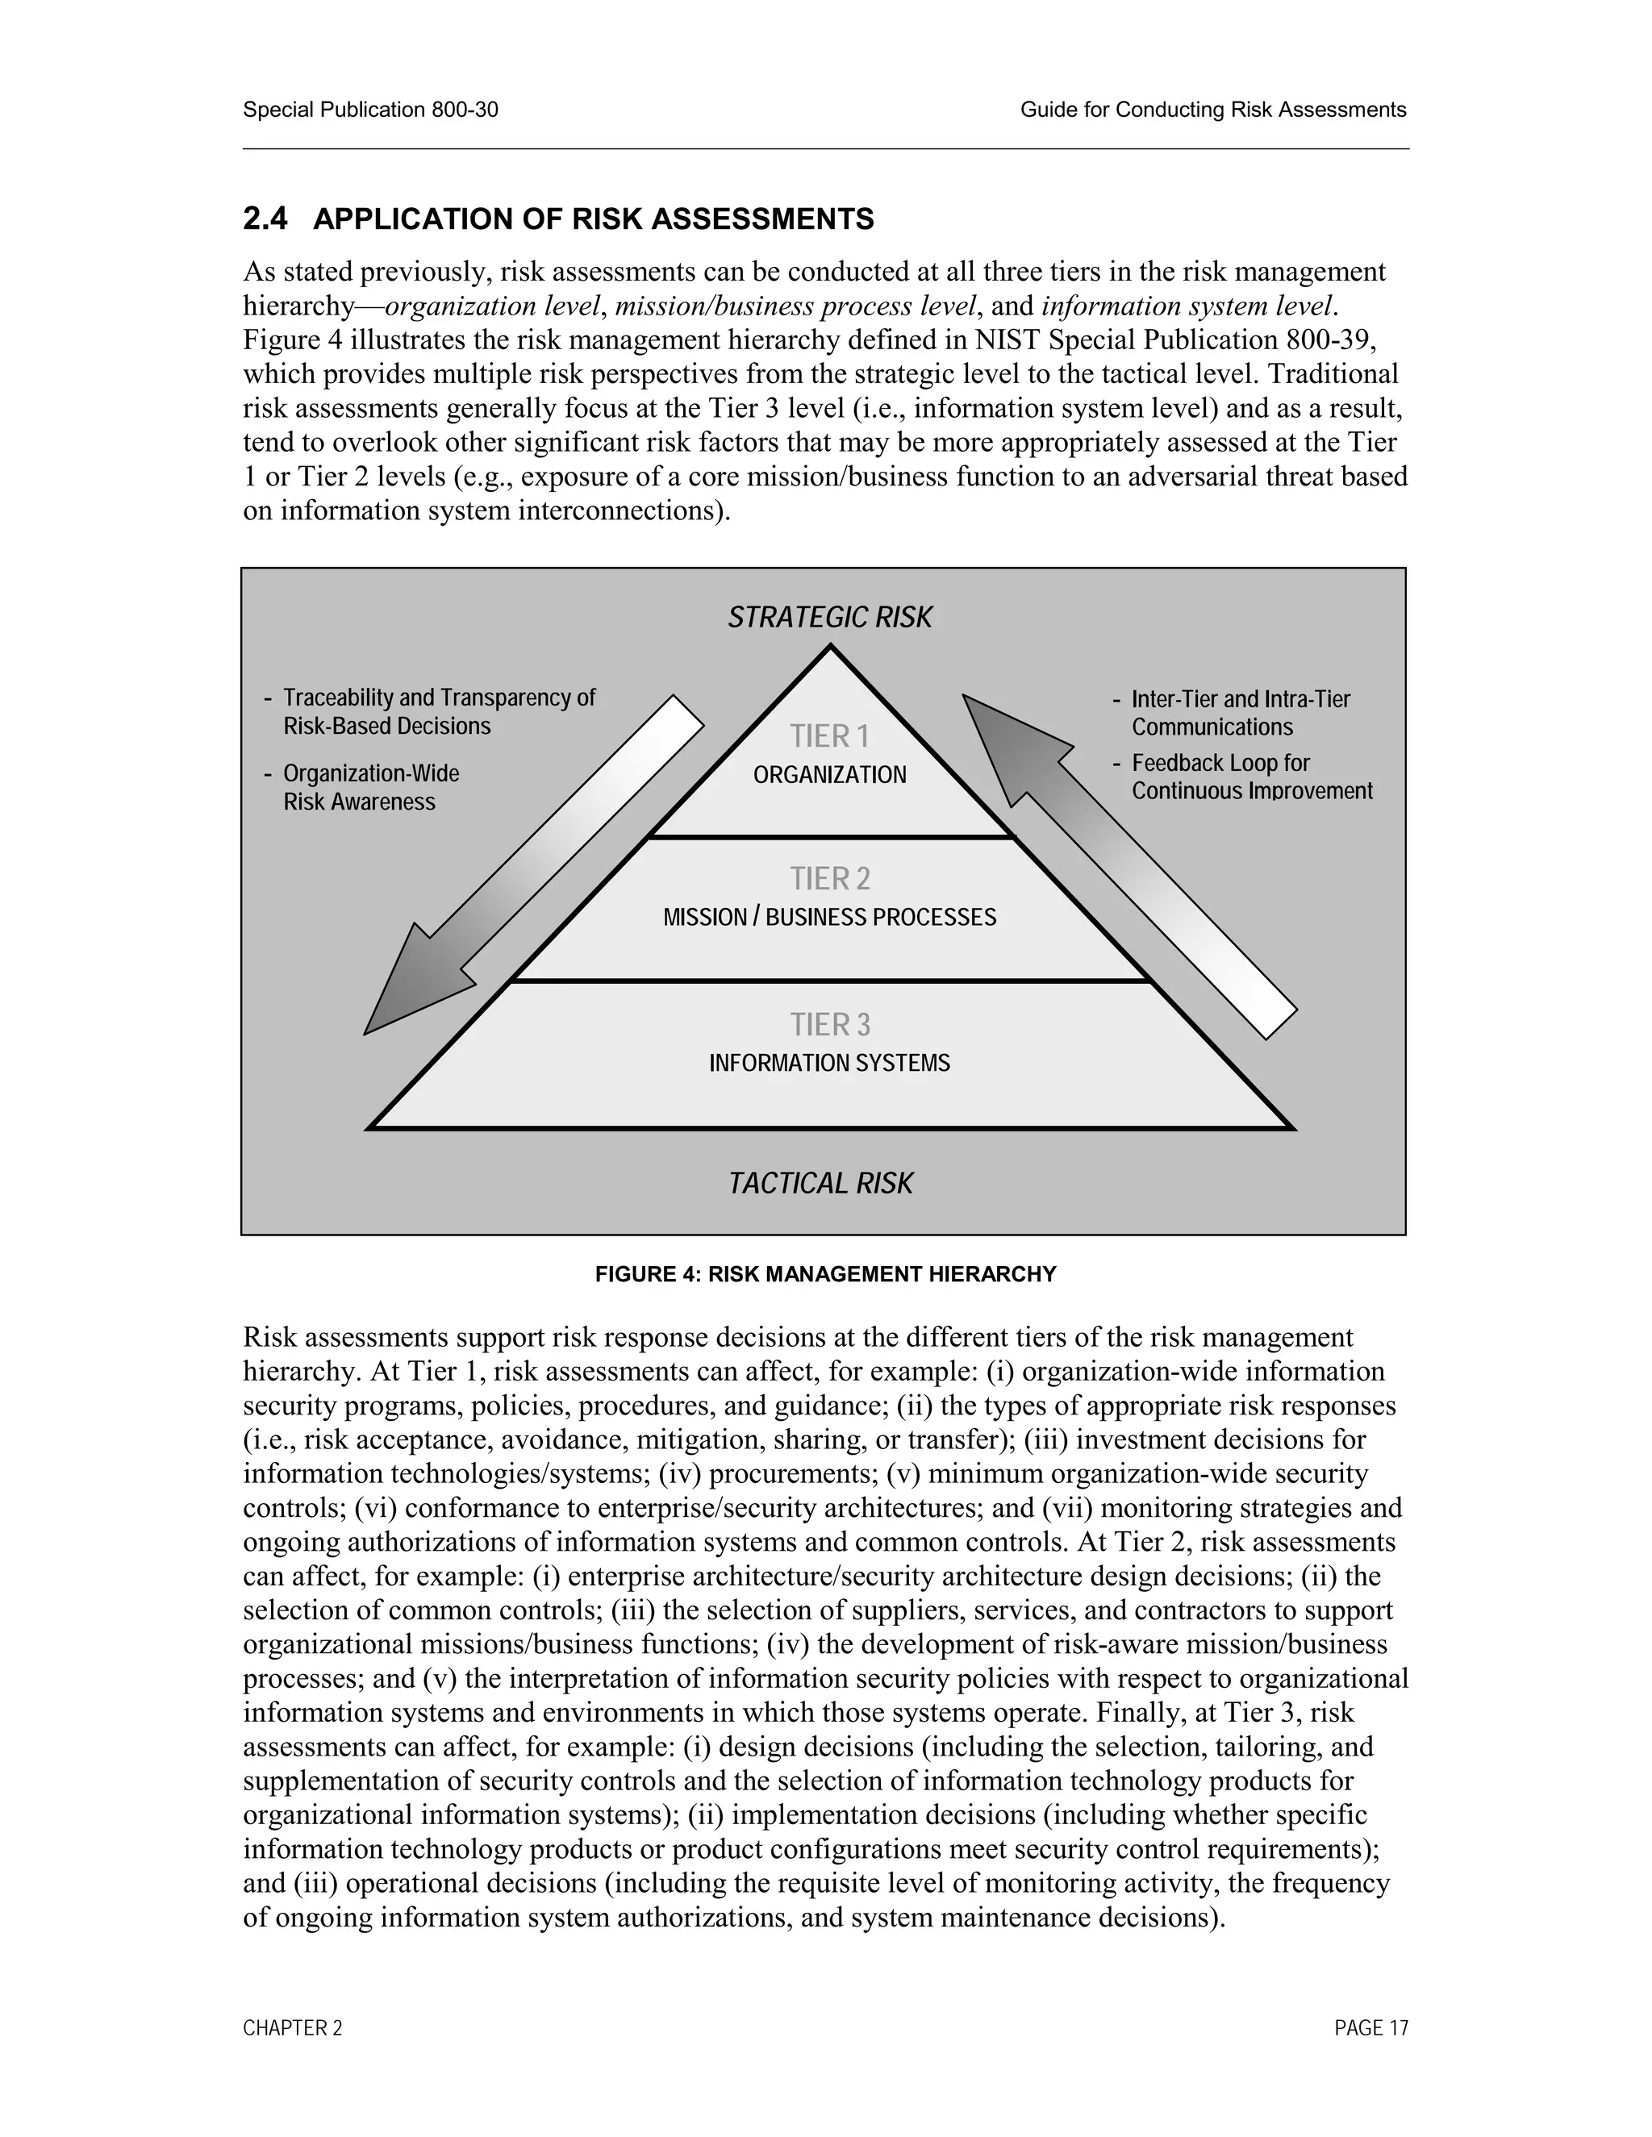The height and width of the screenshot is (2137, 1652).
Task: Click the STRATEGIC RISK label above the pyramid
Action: pyautogui.click(x=829, y=618)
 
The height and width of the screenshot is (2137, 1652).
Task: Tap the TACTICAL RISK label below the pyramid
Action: pyautogui.click(x=820, y=1183)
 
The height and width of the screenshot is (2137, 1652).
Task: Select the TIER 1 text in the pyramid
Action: pyautogui.click(x=829, y=735)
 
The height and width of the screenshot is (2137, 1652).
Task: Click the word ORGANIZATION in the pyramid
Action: pyautogui.click(x=829, y=775)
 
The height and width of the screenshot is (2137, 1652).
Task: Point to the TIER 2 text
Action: pyautogui.click(x=829, y=879)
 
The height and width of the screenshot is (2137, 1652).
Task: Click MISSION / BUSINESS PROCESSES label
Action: pyautogui.click(x=829, y=918)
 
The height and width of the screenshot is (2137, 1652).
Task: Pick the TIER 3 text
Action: pyautogui.click(x=829, y=1024)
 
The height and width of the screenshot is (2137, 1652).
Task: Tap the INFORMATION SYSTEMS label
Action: pyautogui.click(x=829, y=1064)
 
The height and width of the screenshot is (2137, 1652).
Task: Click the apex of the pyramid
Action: pyautogui.click(x=830, y=648)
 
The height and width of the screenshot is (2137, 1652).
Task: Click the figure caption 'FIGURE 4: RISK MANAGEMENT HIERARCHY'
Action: pyautogui.click(x=825, y=1274)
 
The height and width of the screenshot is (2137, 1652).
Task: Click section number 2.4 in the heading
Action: pyautogui.click(x=265, y=219)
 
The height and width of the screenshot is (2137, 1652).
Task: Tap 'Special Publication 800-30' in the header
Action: pyautogui.click(x=370, y=110)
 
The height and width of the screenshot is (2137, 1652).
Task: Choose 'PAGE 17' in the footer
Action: pyautogui.click(x=1370, y=2028)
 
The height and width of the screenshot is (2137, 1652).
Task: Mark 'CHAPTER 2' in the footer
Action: pyautogui.click(x=293, y=2028)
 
